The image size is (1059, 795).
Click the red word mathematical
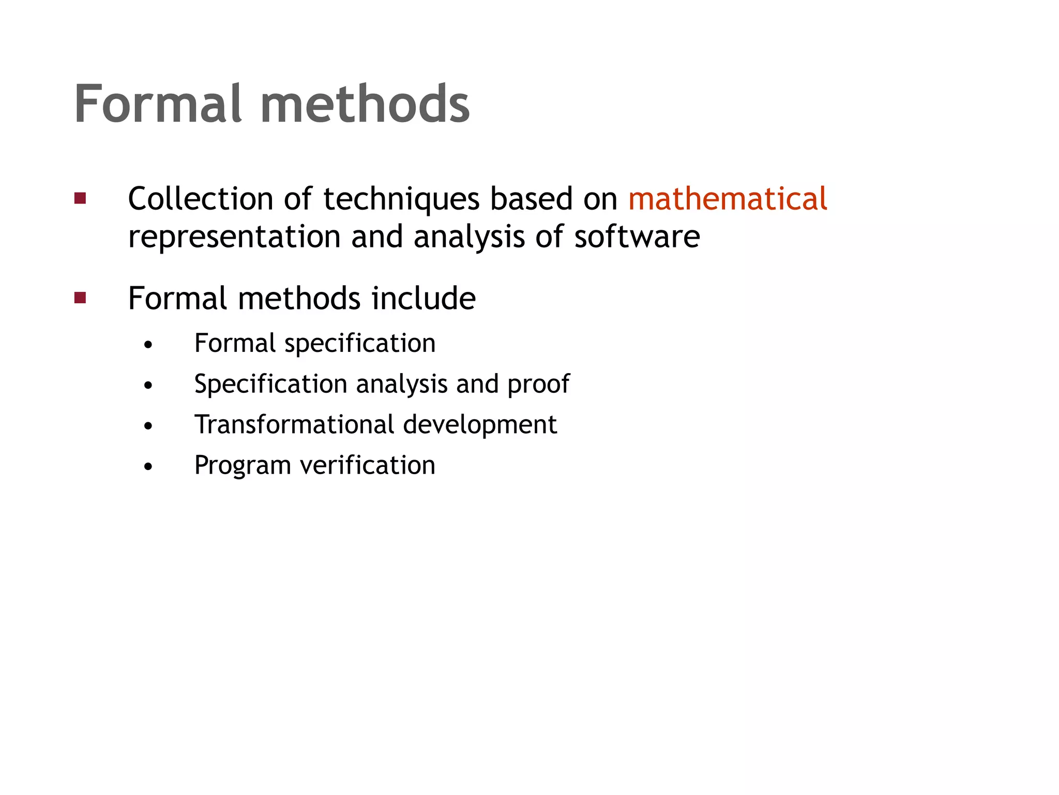pyautogui.click(x=728, y=199)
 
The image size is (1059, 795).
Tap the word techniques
pyautogui.click(x=401, y=200)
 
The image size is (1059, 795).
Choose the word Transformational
pyautogui.click(x=294, y=424)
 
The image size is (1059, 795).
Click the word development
pyautogui.click(x=479, y=425)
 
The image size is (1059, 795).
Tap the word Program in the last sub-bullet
pyautogui.click(x=243, y=466)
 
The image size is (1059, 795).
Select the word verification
pyautogui.click(x=368, y=465)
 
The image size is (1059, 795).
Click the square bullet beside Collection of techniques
pyautogui.click(x=80, y=198)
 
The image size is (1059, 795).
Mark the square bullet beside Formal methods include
pyautogui.click(x=80, y=298)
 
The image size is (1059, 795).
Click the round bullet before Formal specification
pyautogui.click(x=149, y=345)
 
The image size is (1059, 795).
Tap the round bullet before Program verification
pyautogui.click(x=149, y=467)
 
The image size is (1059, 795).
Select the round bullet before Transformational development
pyautogui.click(x=149, y=426)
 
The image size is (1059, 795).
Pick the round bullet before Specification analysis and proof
pyautogui.click(x=149, y=386)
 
